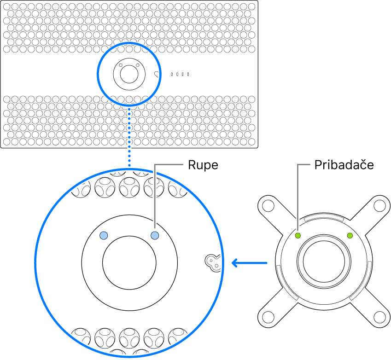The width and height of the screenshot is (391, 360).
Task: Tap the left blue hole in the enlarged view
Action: point(104,236)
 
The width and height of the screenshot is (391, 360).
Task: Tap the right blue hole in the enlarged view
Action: point(155,236)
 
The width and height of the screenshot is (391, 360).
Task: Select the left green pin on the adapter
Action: point(298,236)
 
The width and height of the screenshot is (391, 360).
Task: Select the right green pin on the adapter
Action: point(350,236)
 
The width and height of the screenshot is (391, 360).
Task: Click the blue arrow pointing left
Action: point(249,263)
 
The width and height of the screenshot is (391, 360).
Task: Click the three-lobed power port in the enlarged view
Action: point(212,262)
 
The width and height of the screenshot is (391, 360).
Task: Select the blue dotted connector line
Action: point(129,138)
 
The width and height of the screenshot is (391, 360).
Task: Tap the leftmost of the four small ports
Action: point(172,74)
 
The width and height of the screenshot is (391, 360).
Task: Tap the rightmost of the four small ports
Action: point(188,74)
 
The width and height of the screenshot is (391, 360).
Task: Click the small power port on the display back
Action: point(157,74)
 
